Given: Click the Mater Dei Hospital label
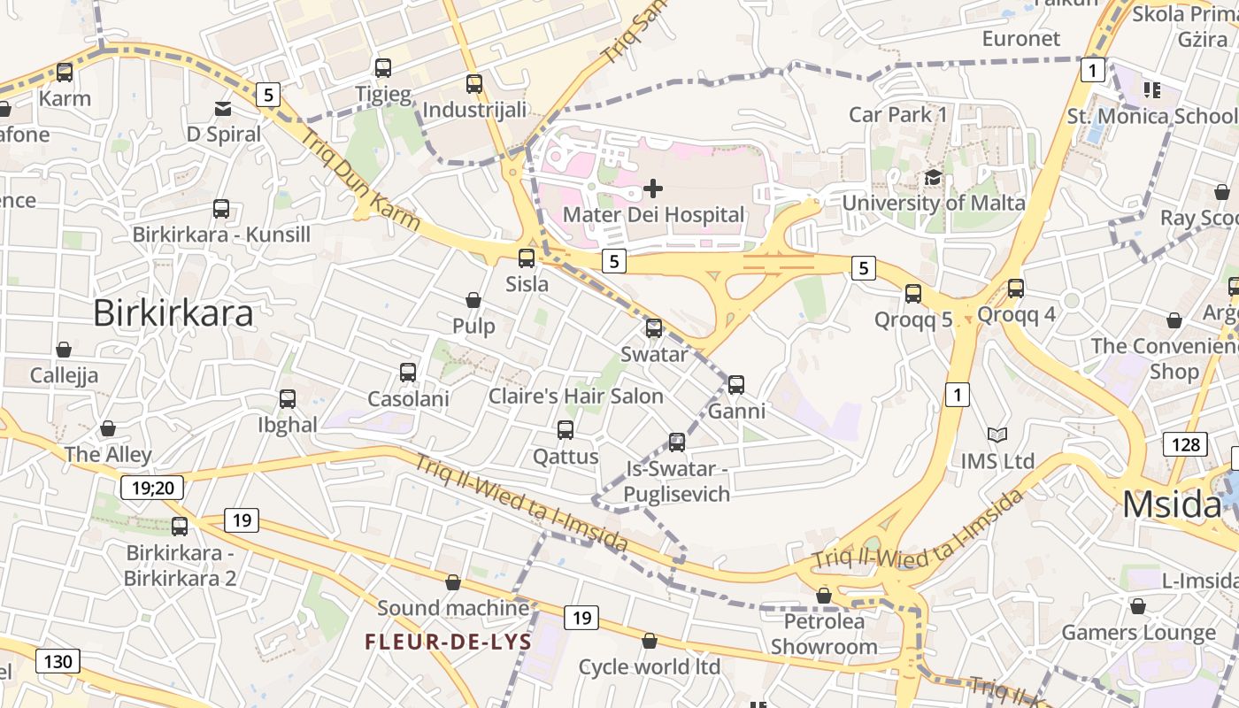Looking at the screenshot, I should click(x=653, y=214).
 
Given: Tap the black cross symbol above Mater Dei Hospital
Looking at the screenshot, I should click(x=653, y=188).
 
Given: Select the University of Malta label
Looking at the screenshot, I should click(x=933, y=203).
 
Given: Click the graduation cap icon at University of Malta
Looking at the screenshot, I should click(x=933, y=178).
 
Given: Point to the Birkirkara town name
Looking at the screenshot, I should click(x=173, y=313).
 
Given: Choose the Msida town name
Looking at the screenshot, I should click(x=1173, y=504).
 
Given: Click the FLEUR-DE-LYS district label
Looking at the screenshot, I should click(x=449, y=642).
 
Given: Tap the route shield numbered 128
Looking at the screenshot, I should click(x=1185, y=443).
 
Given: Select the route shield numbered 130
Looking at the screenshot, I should click(x=58, y=661).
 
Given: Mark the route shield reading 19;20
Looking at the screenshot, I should click(x=153, y=486).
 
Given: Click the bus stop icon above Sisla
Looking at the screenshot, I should click(x=527, y=258).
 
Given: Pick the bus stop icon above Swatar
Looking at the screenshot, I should click(x=654, y=328).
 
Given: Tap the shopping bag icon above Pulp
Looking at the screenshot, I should click(x=473, y=300).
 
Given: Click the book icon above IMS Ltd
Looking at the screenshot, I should click(x=997, y=435).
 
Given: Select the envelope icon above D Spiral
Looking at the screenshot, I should click(x=223, y=109).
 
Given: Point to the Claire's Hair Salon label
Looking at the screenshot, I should click(x=576, y=396).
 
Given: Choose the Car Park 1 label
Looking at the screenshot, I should click(x=897, y=114).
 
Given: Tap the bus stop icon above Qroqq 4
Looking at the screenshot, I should click(x=1016, y=288).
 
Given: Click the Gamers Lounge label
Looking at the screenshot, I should click(x=1138, y=633).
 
